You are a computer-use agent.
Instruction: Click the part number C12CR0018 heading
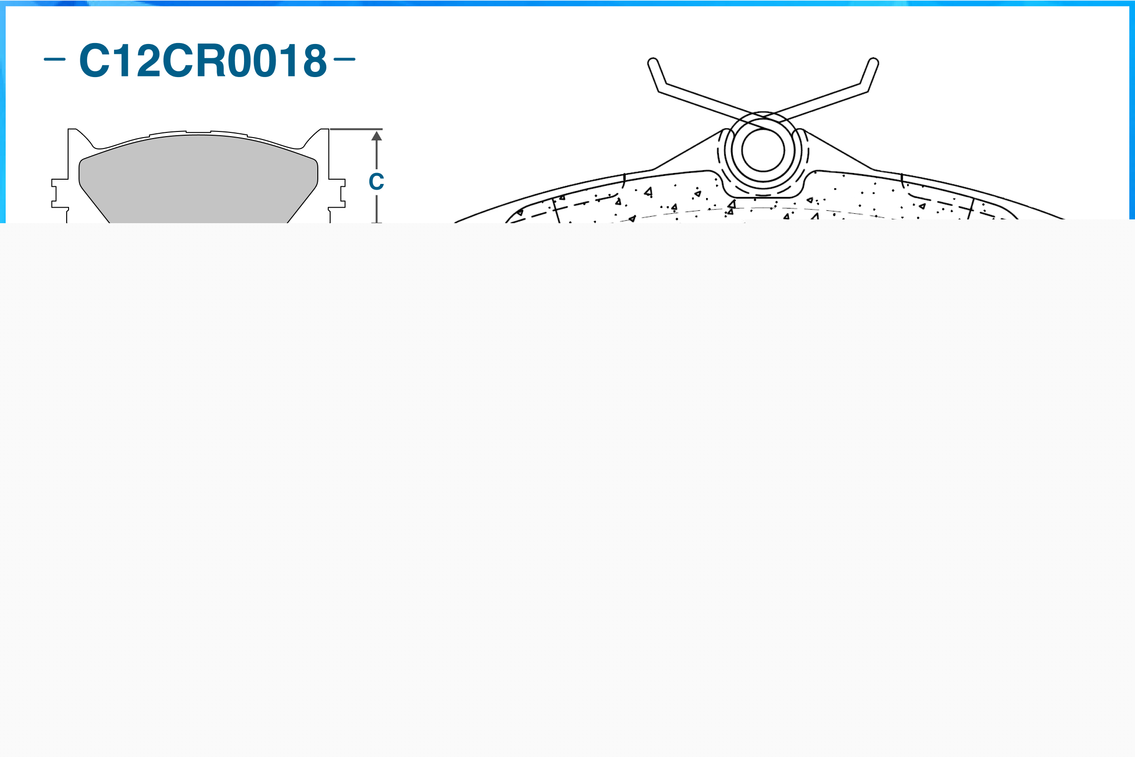(203, 61)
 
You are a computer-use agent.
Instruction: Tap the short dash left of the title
(54, 60)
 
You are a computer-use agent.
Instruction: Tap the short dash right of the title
(344, 60)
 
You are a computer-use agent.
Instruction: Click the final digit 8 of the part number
(315, 61)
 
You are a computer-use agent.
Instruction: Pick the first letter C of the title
(95, 61)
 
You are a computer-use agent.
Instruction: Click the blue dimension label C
(376, 182)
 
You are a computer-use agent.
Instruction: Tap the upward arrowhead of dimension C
(376, 136)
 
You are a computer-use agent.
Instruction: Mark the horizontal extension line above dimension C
(356, 130)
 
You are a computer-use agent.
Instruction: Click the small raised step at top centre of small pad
(199, 132)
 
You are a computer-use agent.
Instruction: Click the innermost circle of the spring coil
(763, 151)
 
